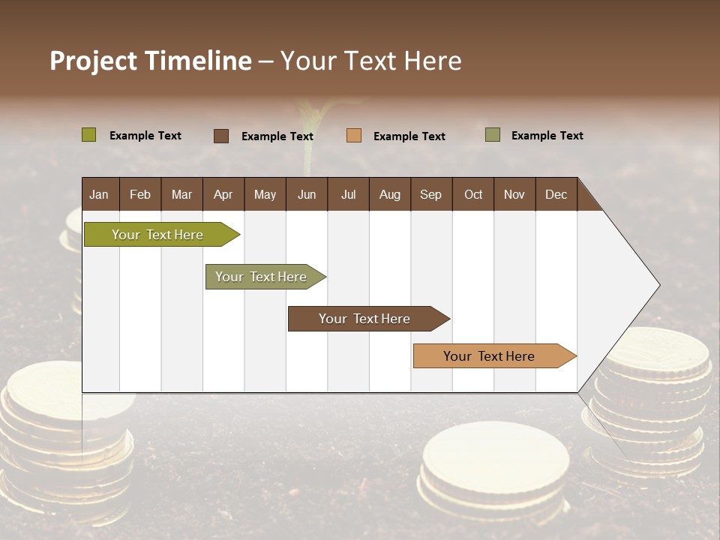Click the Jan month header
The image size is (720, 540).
[x=100, y=195]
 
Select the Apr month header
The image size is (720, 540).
[x=223, y=195]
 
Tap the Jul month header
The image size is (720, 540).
[x=349, y=195]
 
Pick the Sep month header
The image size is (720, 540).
[x=431, y=195]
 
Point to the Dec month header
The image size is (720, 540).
[x=556, y=195]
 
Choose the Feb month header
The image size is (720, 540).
[x=140, y=195]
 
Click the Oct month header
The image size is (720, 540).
[x=473, y=195]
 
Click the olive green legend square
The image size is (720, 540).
[x=88, y=135]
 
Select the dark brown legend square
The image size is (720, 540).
[x=221, y=136]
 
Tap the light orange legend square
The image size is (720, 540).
[x=354, y=136]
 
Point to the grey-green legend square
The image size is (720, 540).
[x=493, y=135]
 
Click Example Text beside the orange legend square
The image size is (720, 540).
[x=409, y=136]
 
